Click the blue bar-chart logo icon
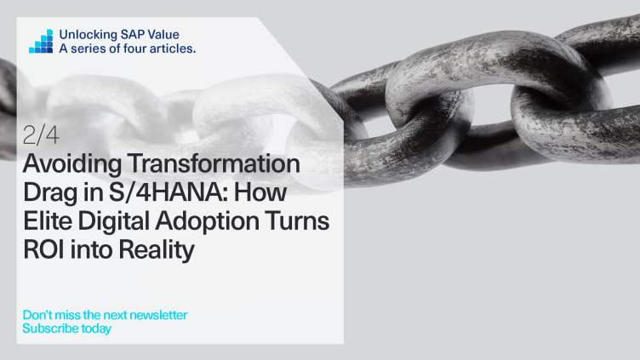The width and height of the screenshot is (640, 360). click(x=41, y=41)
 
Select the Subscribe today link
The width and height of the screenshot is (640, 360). click(x=66, y=328)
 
